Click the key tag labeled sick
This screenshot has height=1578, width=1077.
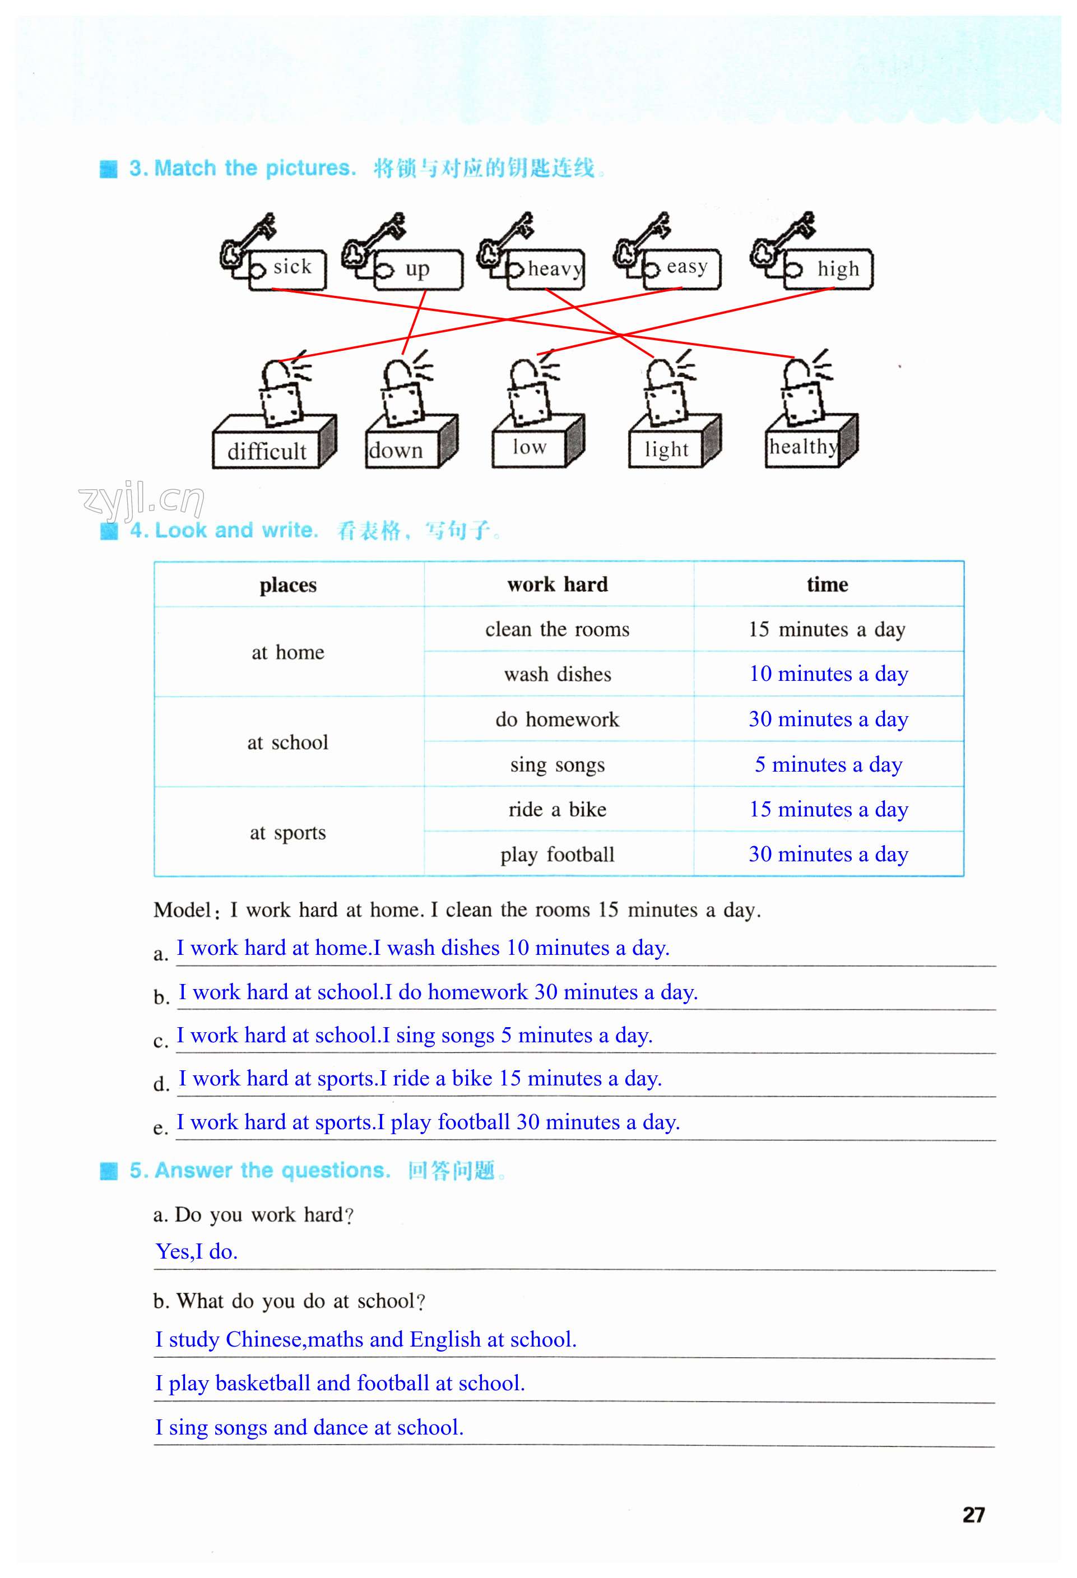tap(287, 270)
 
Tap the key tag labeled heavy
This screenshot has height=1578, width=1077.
tap(546, 270)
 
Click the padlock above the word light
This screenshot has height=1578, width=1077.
tap(666, 397)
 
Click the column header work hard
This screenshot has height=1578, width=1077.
tap(558, 584)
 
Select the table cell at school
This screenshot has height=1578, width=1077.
tap(288, 742)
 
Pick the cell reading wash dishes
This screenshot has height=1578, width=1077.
tap(558, 674)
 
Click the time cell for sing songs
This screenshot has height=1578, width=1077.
tap(828, 764)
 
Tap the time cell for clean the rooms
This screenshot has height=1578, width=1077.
tap(827, 629)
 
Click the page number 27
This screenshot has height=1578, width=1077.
tap(973, 1515)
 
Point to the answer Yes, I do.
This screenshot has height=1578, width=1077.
tap(197, 1251)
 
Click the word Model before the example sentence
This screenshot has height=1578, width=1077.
tap(183, 910)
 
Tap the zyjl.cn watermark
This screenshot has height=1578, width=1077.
tap(141, 501)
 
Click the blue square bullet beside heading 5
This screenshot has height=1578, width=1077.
tap(109, 1171)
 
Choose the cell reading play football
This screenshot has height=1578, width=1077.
tap(558, 854)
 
